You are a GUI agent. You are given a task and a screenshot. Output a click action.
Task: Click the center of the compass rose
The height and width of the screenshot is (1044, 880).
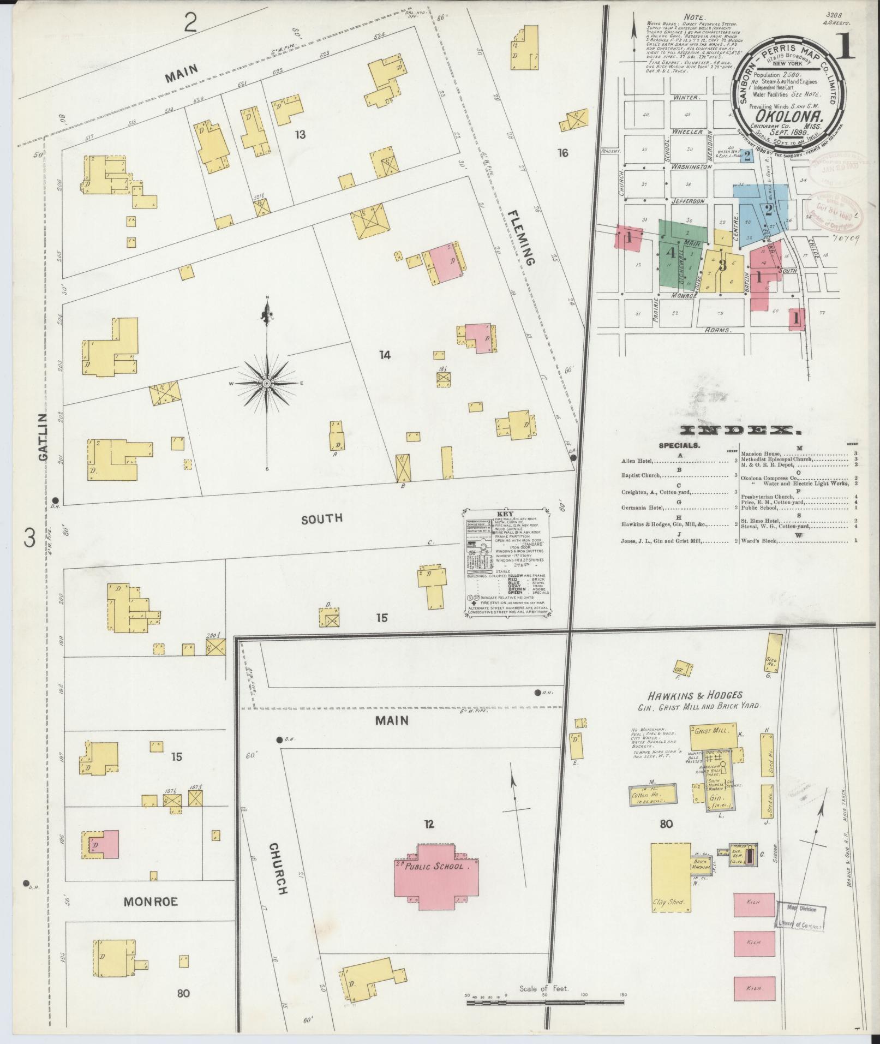(x=267, y=384)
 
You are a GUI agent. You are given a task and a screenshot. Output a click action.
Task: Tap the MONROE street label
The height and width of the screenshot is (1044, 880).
(x=151, y=901)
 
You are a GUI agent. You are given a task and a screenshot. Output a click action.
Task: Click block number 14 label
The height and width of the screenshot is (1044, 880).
(x=385, y=355)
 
